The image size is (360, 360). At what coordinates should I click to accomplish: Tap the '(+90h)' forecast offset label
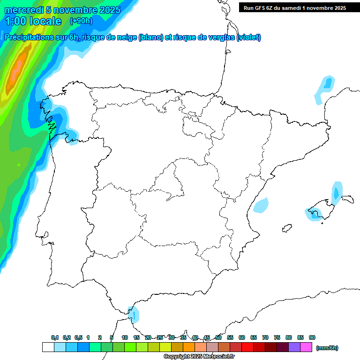click(81, 21)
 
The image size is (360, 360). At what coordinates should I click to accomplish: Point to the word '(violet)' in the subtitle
click(249, 37)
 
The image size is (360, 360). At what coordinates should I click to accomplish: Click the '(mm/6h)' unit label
click(327, 348)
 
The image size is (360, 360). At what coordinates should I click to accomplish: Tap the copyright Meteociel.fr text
click(199, 357)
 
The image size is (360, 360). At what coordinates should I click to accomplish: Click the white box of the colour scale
click(48, 347)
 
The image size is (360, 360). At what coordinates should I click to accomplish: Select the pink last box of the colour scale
click(306, 347)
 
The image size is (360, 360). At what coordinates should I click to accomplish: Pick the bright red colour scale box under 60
click(247, 347)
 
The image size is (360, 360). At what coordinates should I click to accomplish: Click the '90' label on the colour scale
click(312, 337)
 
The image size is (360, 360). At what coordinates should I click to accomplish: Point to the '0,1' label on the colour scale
click(55, 337)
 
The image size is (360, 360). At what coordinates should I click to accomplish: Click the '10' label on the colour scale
click(125, 337)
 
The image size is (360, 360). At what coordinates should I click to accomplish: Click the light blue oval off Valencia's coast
click(261, 205)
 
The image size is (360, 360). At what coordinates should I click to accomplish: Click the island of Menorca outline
click(347, 199)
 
